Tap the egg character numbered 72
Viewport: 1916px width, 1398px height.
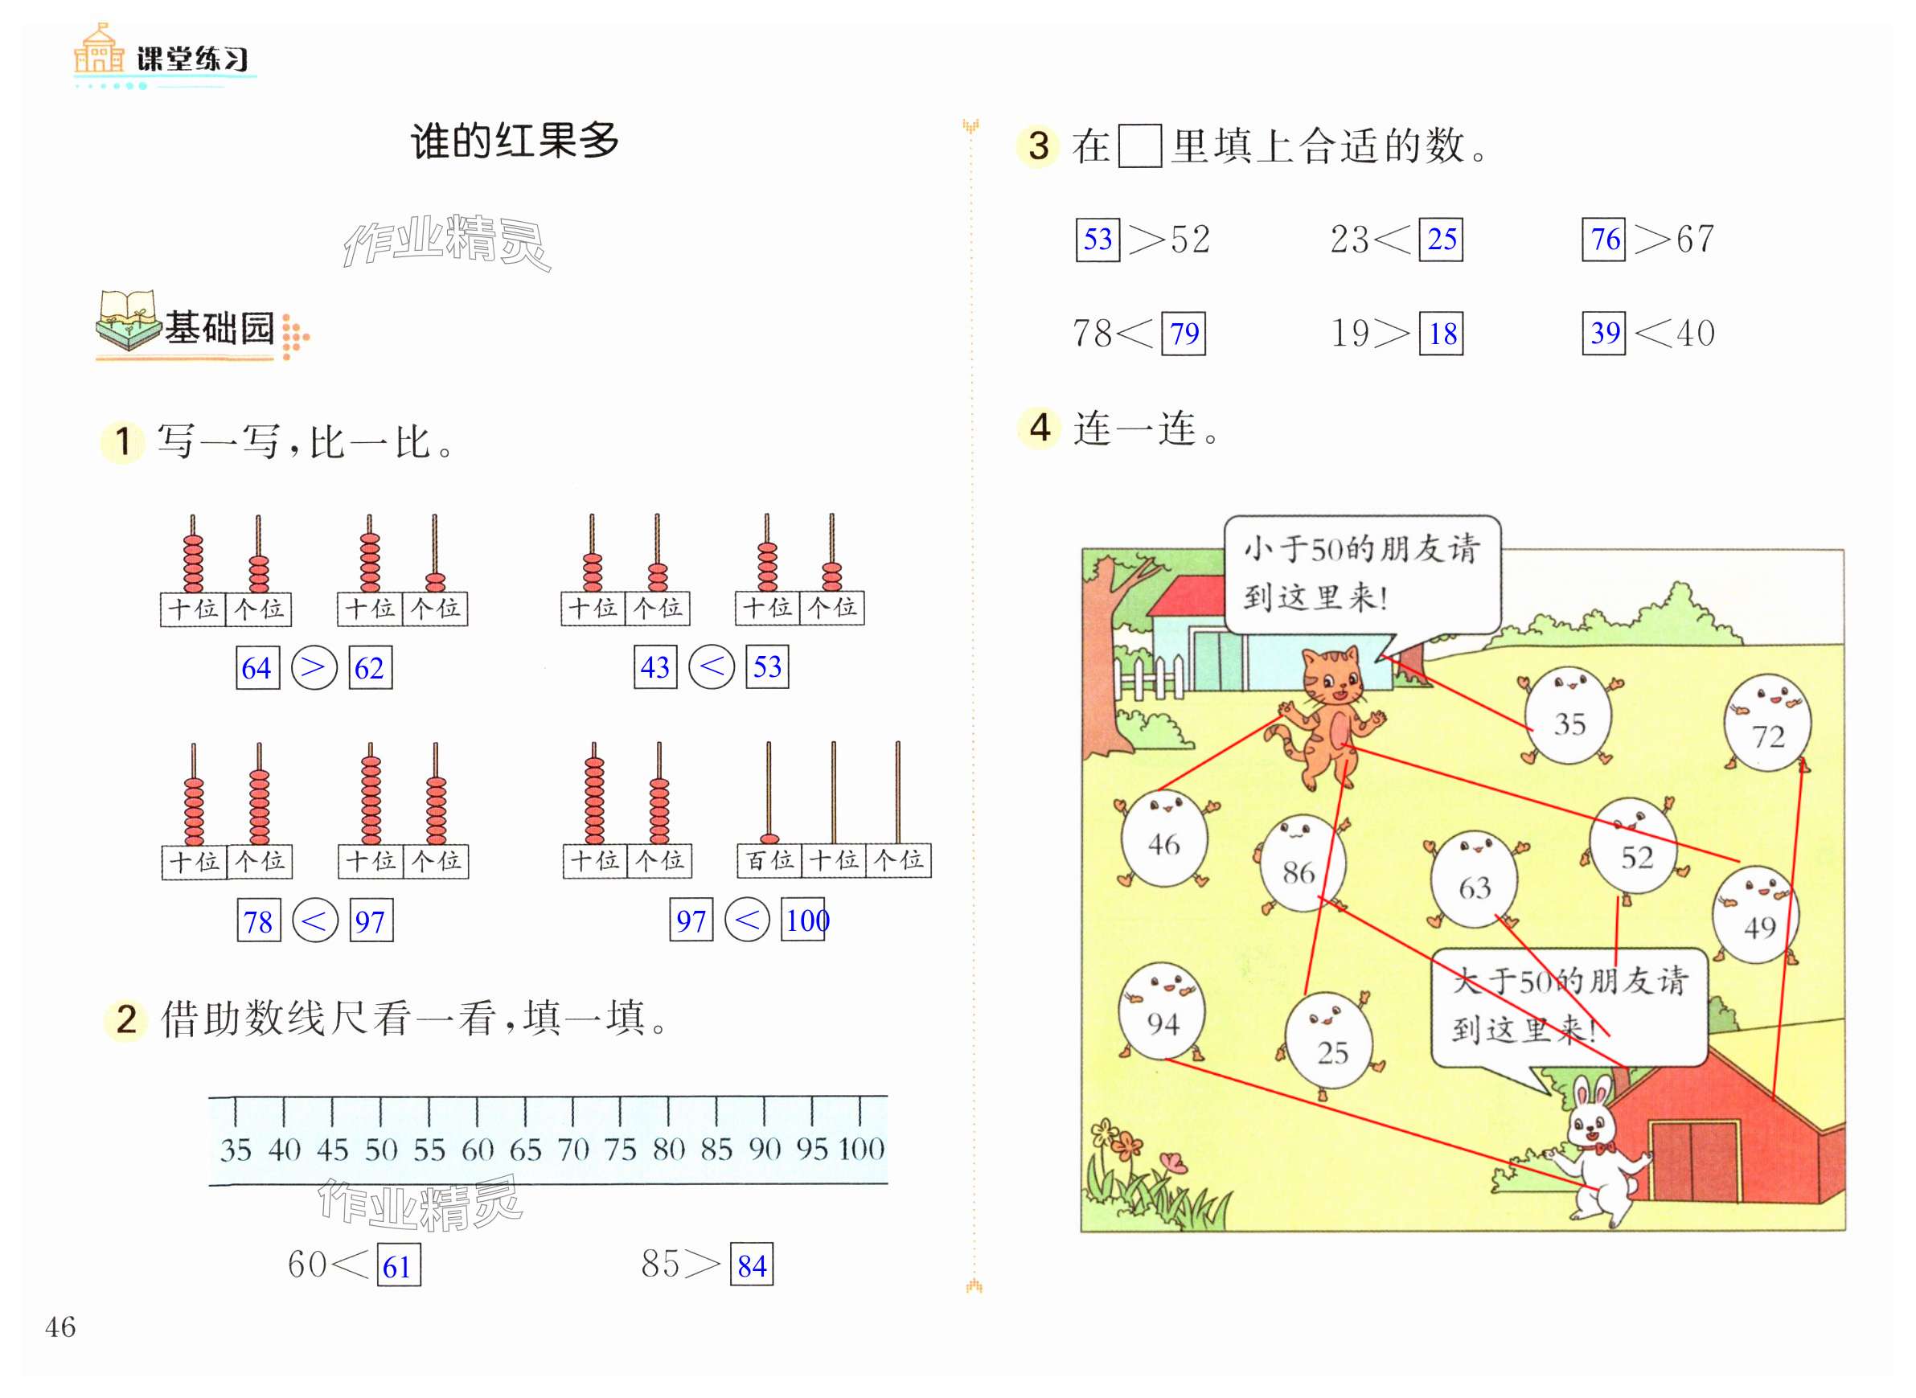point(1767,724)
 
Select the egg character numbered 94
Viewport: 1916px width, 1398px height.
point(1162,1012)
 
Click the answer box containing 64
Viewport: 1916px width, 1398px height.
point(257,668)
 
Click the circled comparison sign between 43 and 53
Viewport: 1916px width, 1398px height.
point(711,666)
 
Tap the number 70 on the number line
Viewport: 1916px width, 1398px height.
point(573,1150)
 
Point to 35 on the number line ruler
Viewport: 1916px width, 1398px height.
point(236,1150)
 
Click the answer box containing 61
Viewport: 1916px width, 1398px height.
point(399,1265)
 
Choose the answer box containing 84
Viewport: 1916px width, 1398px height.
point(752,1265)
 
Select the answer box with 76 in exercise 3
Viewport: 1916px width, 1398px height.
point(1604,240)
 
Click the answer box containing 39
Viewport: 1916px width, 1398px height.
point(1604,333)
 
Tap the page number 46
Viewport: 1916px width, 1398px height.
point(60,1327)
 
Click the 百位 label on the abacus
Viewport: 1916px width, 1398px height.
point(769,861)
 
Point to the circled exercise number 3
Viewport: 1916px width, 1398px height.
point(1038,146)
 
